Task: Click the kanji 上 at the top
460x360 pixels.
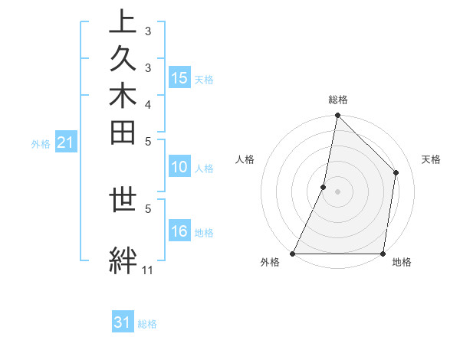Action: click(123, 21)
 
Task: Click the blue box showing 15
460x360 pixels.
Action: click(179, 78)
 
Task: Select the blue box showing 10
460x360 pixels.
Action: click(179, 168)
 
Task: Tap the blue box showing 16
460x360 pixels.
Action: click(179, 232)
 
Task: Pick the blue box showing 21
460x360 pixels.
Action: click(65, 142)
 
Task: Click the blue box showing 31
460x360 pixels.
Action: click(123, 322)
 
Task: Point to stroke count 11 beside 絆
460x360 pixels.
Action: click(147, 270)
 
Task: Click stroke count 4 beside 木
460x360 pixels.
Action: click(148, 104)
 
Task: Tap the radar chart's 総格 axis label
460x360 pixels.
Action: click(338, 100)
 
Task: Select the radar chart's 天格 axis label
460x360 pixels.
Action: click(432, 159)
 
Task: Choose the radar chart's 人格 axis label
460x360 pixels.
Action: click(245, 159)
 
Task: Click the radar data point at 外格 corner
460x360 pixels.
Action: click(293, 254)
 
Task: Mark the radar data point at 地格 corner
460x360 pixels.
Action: click(383, 254)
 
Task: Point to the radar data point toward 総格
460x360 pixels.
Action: click(337, 116)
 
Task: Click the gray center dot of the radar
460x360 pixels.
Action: click(337, 191)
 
